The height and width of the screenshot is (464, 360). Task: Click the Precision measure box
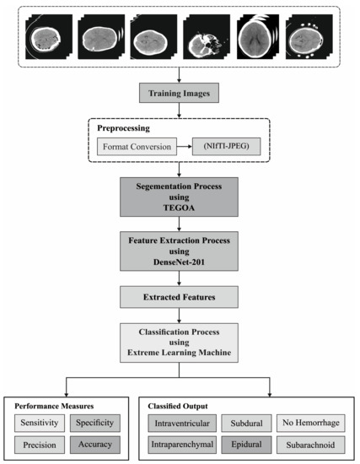point(40,443)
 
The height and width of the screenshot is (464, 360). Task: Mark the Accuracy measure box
point(95,443)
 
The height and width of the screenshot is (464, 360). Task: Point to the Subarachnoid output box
point(309,443)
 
